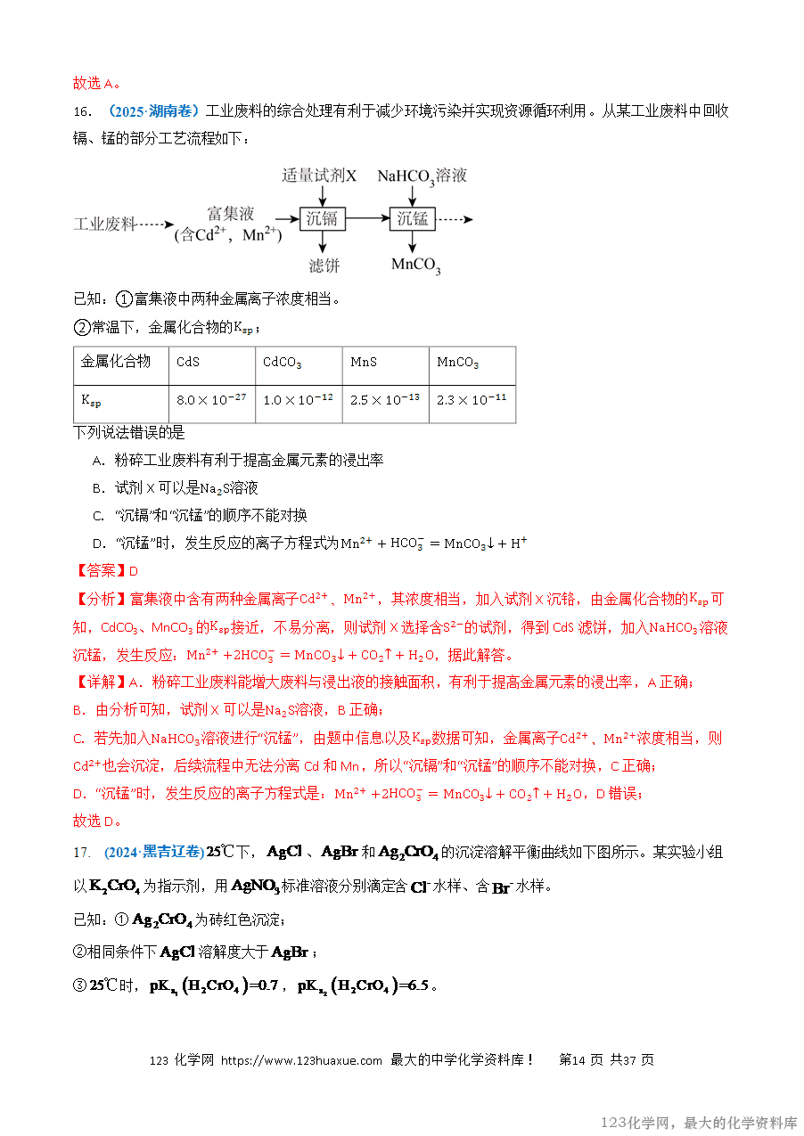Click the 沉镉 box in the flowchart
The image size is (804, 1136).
click(x=322, y=218)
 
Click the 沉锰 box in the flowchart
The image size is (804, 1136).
click(x=413, y=218)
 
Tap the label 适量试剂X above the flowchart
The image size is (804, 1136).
click(x=319, y=176)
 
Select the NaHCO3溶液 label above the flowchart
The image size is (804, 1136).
click(x=422, y=176)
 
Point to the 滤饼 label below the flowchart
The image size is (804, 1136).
click(x=324, y=265)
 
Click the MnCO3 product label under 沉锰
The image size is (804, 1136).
click(x=416, y=265)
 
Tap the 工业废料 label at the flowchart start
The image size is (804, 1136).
click(x=103, y=225)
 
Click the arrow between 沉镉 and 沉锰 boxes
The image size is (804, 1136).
click(x=367, y=218)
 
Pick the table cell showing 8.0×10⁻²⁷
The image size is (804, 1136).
click(x=211, y=401)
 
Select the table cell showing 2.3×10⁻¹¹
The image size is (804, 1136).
click(x=472, y=401)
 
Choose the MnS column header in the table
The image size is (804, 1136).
click(x=364, y=363)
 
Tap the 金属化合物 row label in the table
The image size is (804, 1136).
click(x=117, y=362)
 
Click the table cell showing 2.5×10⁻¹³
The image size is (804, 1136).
click(x=385, y=401)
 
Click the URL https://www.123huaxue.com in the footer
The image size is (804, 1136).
click(x=301, y=1060)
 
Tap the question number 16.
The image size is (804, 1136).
click(x=82, y=111)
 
